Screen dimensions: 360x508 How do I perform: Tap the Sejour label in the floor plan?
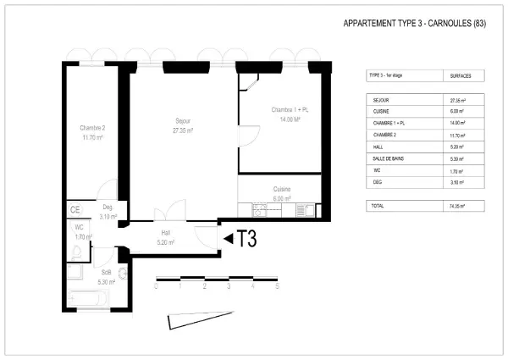(182, 119)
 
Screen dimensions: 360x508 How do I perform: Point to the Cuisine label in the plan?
(282, 189)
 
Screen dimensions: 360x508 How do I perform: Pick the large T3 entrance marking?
(246, 239)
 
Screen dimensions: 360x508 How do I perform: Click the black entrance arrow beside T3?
(228, 239)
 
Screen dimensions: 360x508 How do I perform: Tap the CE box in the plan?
(75, 210)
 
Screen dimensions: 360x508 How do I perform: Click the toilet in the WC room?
(75, 248)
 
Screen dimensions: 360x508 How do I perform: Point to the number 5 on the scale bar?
(277, 287)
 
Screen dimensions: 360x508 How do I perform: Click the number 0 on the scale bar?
(156, 287)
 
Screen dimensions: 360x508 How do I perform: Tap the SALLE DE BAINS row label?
(389, 158)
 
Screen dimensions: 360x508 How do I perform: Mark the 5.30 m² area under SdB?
(106, 282)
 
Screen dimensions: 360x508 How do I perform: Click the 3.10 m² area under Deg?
(108, 217)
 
